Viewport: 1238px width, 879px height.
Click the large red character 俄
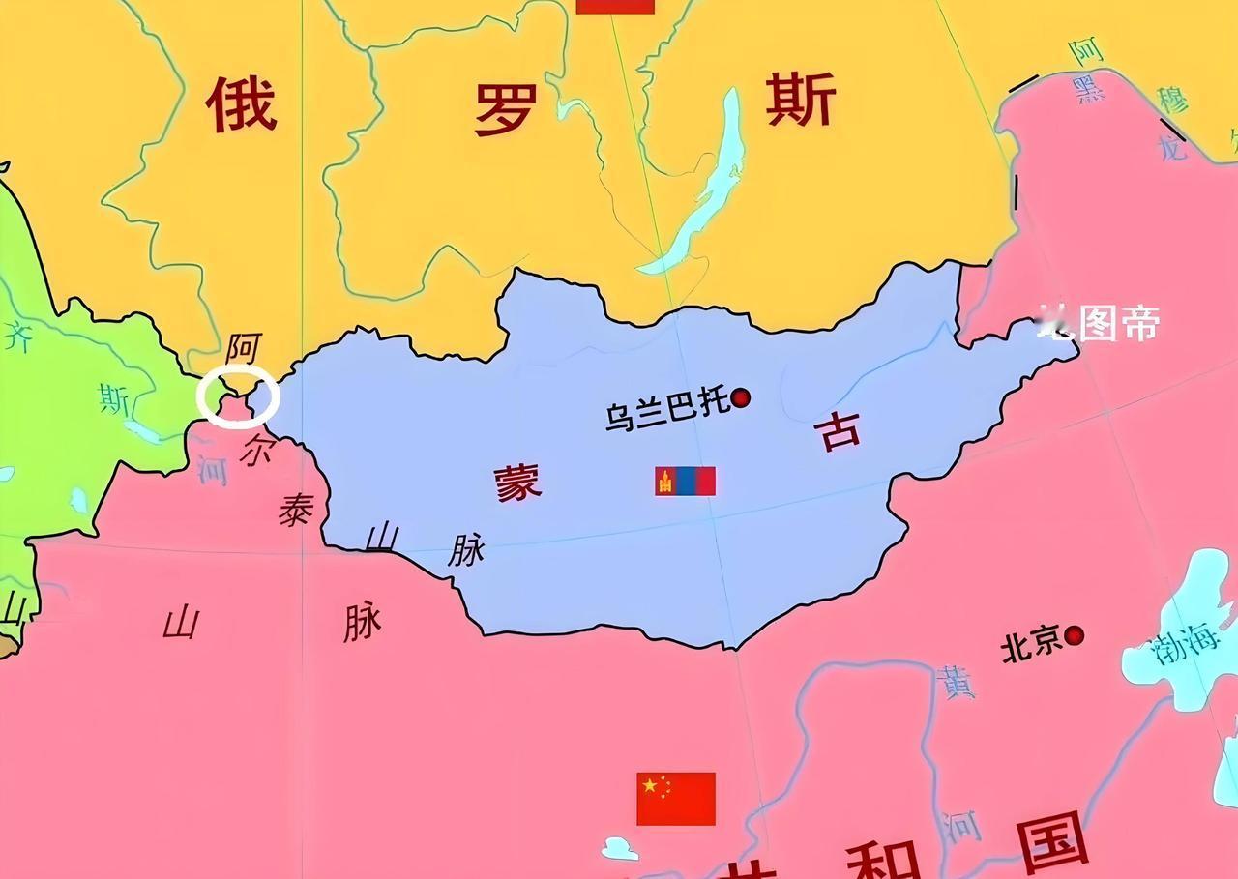pos(241,105)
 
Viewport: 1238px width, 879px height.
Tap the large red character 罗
pos(505,108)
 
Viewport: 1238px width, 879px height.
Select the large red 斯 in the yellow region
pos(800,101)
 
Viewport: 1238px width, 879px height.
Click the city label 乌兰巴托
pos(666,411)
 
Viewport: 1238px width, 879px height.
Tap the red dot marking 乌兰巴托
pos(741,398)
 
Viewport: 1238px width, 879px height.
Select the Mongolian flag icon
pos(685,481)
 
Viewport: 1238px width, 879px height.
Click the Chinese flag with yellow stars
pos(676,798)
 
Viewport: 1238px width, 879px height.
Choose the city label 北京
pos(1031,645)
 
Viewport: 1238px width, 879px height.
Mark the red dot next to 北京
pos(1074,635)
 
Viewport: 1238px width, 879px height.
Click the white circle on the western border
pos(237,397)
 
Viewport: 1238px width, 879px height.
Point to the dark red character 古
pos(840,431)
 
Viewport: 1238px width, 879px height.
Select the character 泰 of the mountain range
pos(295,509)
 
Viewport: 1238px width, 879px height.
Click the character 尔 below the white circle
pos(255,450)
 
